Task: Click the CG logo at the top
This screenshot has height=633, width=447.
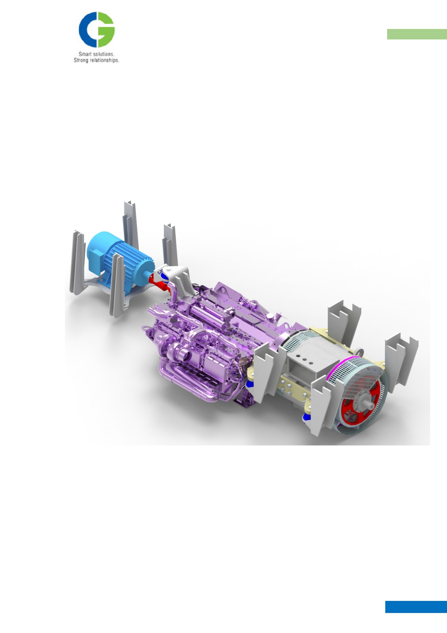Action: (97, 30)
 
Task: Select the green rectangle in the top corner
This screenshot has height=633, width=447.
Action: (417, 34)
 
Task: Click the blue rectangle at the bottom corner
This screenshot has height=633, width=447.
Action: (416, 607)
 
